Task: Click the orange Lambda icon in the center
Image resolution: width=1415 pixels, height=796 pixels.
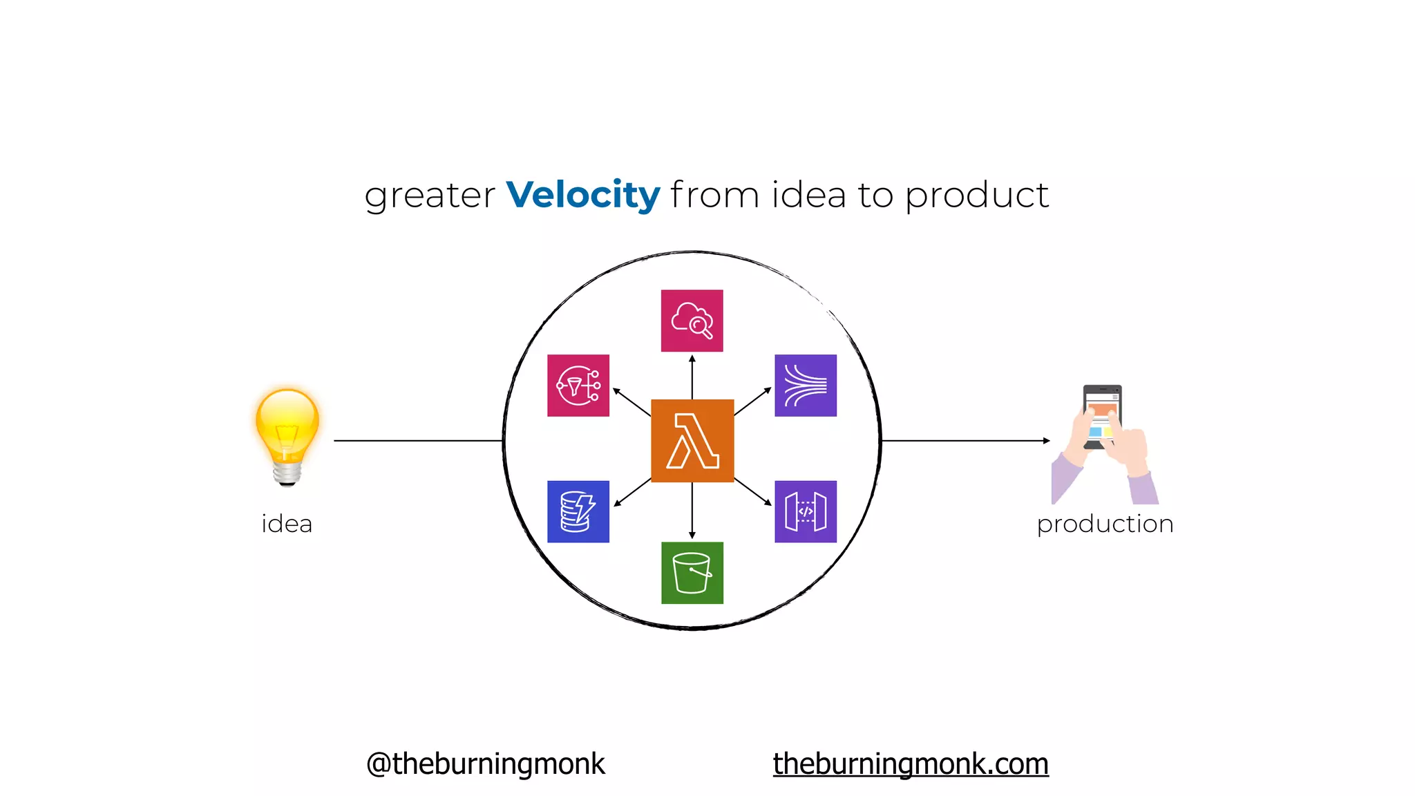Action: (692, 440)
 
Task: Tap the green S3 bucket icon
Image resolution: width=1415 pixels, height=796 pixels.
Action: (692, 573)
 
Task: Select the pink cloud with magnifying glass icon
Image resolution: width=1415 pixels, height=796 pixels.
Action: (692, 321)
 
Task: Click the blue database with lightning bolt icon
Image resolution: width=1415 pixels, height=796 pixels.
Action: (578, 511)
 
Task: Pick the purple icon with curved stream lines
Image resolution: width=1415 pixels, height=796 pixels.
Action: (806, 386)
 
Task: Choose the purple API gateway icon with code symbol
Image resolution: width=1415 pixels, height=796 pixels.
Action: (806, 511)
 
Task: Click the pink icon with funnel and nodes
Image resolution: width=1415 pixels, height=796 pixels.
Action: (578, 386)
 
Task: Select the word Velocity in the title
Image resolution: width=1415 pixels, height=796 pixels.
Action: (583, 195)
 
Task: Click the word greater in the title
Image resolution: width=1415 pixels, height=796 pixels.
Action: (430, 196)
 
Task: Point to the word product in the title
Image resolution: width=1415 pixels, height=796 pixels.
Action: (977, 196)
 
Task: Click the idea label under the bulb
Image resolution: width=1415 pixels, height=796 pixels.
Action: (287, 524)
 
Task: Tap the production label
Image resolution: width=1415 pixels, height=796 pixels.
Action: (1105, 524)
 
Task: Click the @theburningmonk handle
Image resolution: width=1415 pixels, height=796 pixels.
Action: (485, 764)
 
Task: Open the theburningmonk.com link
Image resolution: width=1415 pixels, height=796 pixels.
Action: (911, 764)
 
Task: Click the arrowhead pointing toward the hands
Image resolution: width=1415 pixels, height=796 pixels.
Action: (1046, 440)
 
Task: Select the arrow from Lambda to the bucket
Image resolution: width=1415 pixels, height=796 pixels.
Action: (692, 511)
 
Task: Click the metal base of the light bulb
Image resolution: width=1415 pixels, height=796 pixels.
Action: (287, 474)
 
